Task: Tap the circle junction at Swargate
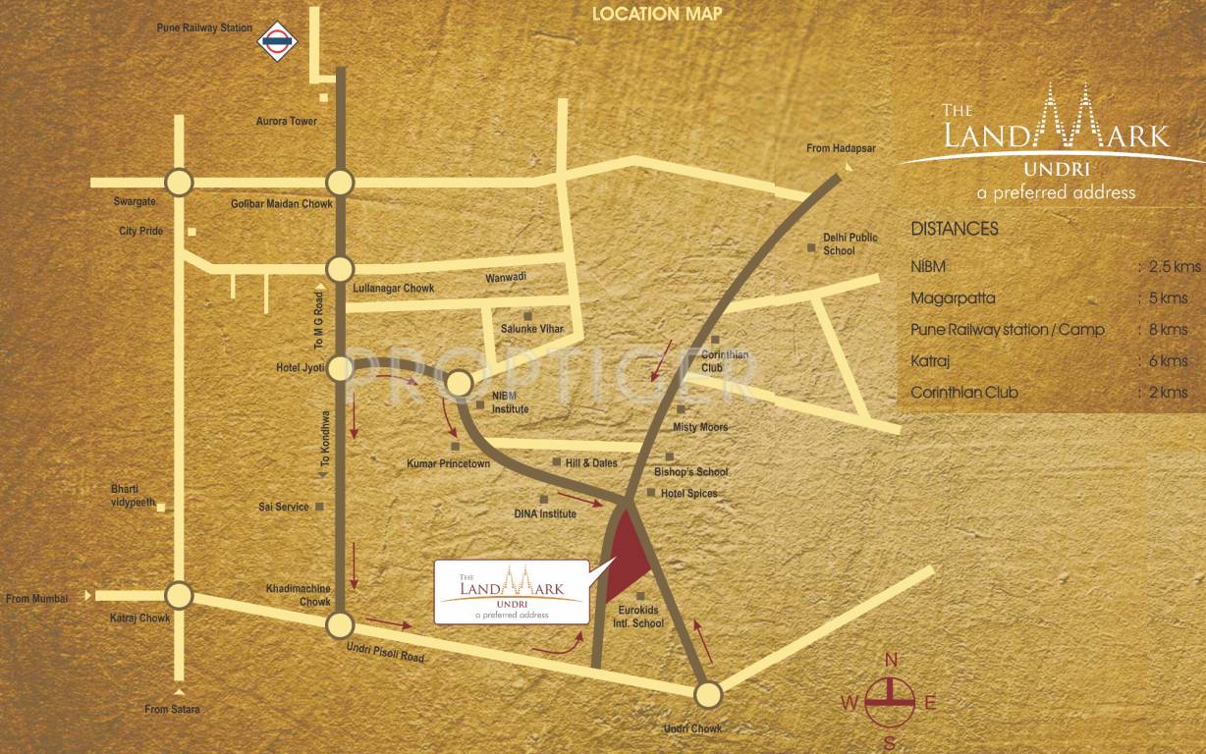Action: point(178,183)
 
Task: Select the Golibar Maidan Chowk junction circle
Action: point(340,183)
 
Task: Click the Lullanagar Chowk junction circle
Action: point(340,268)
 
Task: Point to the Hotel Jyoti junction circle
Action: point(340,368)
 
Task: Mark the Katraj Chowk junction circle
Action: point(178,595)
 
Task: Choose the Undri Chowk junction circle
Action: point(707,695)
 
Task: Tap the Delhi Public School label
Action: point(850,244)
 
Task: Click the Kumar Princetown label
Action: point(448,462)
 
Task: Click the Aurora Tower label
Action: point(286,122)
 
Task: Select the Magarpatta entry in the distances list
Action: point(954,298)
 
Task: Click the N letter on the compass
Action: point(891,659)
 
